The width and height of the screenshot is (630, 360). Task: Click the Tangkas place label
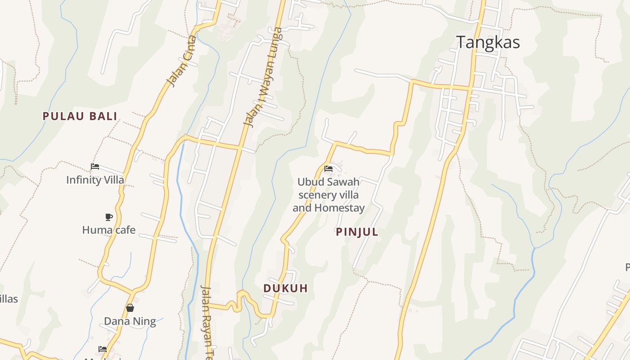click(488, 42)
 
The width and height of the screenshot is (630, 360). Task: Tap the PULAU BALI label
click(80, 116)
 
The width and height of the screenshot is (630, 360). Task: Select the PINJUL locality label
click(357, 232)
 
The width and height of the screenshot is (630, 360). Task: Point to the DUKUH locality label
click(286, 288)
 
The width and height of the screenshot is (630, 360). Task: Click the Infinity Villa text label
click(95, 180)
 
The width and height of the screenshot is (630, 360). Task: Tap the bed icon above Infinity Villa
click(95, 166)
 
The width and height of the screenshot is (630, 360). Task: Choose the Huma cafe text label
click(108, 230)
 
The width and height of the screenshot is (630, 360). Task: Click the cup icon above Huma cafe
click(108, 217)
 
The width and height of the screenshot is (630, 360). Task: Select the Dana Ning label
click(130, 321)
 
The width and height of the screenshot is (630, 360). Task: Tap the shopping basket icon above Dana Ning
click(130, 308)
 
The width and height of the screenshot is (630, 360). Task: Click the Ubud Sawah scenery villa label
click(328, 195)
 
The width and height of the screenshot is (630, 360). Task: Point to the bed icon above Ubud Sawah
click(328, 169)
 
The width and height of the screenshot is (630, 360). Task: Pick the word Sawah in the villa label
click(343, 182)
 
